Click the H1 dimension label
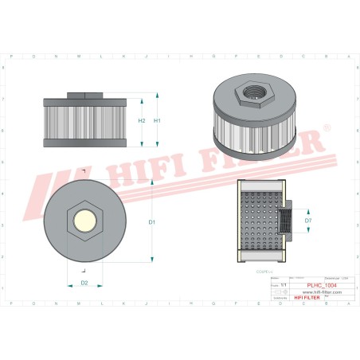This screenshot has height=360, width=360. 157,120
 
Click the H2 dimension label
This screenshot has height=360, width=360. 141,120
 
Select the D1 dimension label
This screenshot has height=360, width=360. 151,221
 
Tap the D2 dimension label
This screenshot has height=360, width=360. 84,283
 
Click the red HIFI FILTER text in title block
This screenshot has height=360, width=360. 304,299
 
